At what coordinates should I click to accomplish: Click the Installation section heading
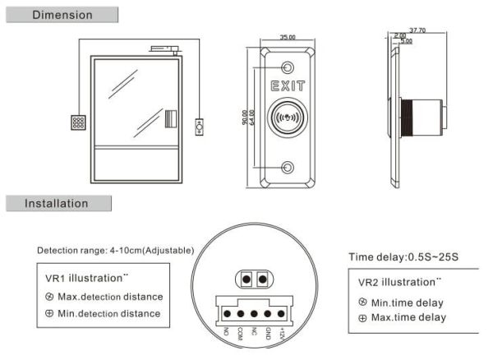[x=57, y=203]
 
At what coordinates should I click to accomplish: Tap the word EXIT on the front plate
[x=288, y=85]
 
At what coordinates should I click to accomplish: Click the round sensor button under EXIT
[x=288, y=118]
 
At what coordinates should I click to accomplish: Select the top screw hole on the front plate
[x=288, y=67]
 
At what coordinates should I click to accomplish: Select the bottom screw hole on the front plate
[x=288, y=168]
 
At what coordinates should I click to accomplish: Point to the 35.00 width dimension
[x=287, y=38]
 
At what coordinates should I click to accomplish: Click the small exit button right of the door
[x=199, y=127]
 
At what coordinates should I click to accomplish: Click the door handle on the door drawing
[x=171, y=119]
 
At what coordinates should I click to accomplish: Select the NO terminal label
[x=227, y=332]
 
